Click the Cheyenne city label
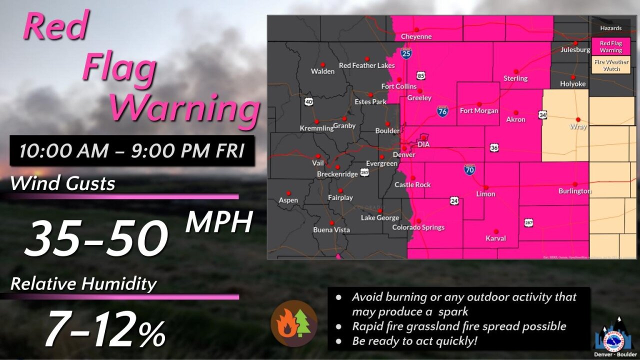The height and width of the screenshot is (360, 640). click(x=416, y=36)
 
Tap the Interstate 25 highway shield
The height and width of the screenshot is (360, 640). click(x=405, y=53)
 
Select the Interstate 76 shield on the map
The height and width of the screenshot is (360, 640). click(x=442, y=111)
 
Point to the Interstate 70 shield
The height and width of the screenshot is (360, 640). click(x=469, y=170)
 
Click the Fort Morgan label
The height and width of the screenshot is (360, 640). click(x=478, y=110)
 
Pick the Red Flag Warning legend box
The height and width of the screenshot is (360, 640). click(x=611, y=46)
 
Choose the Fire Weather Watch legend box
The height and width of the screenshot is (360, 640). click(x=611, y=65)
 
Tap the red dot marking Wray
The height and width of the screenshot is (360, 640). click(x=578, y=119)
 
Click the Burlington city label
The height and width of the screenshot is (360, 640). click(x=574, y=191)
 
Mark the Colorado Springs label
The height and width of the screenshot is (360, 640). click(x=418, y=227)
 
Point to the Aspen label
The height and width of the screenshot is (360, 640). click(x=288, y=200)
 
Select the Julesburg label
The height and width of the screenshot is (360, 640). click(x=575, y=50)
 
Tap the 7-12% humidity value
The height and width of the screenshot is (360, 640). click(x=105, y=330)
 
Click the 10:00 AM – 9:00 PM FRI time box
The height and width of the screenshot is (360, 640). click(x=132, y=151)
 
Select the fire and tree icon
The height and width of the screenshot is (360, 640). click(x=294, y=323)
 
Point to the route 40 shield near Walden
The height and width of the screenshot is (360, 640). click(x=308, y=102)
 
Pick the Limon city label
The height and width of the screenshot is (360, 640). click(x=485, y=194)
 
